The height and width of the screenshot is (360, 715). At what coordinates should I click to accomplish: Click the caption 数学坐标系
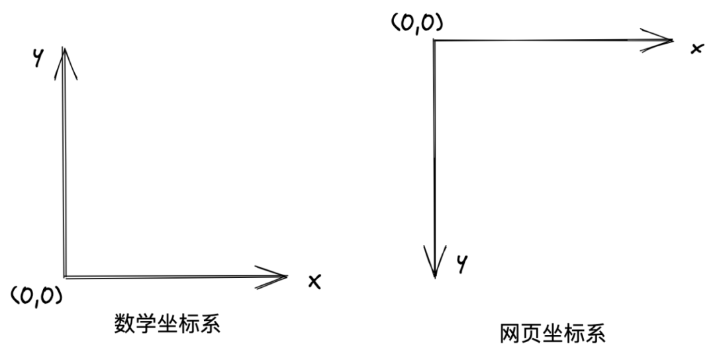(167, 324)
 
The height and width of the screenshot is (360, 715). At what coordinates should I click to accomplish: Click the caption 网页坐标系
(553, 334)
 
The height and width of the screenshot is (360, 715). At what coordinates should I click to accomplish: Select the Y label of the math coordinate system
(39, 58)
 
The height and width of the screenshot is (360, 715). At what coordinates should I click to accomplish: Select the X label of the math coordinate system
(314, 281)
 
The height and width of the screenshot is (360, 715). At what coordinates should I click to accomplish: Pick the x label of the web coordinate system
(697, 48)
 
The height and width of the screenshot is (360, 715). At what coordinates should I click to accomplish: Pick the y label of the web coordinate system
(462, 264)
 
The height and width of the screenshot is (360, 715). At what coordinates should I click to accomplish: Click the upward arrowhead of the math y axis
(65, 63)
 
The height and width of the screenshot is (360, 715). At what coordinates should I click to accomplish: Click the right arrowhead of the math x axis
(271, 277)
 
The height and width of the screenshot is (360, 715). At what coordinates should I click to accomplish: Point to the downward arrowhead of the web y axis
(434, 261)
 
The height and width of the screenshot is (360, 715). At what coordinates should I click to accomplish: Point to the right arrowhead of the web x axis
(657, 40)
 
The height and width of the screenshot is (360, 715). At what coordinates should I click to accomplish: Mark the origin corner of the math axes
(65, 277)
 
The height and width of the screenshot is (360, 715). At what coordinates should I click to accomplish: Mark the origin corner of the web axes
(434, 40)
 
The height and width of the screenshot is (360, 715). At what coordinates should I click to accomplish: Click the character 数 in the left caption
(124, 324)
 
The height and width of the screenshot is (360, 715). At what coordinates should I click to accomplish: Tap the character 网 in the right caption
(510, 334)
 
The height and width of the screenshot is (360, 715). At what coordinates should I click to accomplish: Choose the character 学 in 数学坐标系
(146, 324)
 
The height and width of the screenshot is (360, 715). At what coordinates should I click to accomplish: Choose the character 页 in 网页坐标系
(532, 334)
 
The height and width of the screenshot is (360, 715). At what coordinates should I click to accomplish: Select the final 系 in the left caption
(211, 324)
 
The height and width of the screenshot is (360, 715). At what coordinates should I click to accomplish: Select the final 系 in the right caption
(596, 334)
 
